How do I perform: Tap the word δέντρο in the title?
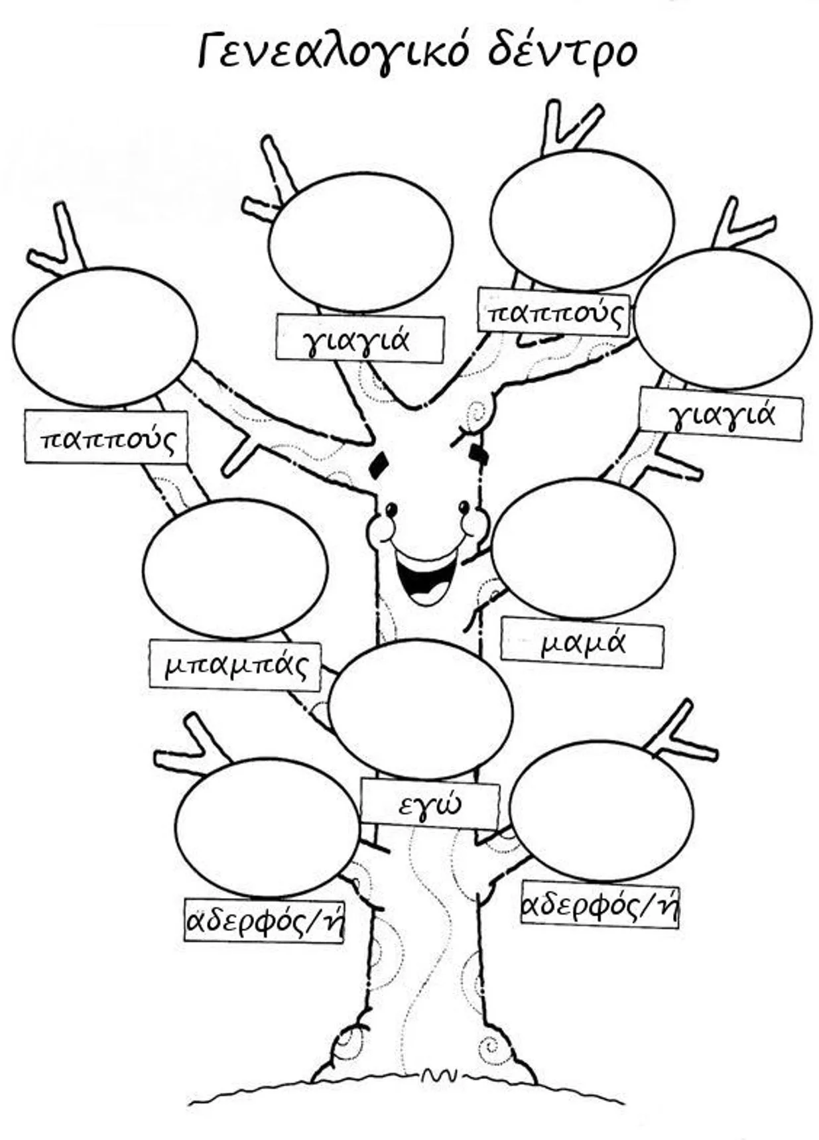point(562,52)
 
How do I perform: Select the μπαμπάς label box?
point(235,665)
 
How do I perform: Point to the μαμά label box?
point(582,643)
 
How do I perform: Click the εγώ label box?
point(430,805)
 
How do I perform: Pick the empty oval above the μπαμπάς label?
point(235,569)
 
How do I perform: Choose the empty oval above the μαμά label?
point(583,548)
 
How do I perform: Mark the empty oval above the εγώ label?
point(420,709)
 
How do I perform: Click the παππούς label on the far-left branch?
point(106,437)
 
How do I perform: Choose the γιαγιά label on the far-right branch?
point(721,414)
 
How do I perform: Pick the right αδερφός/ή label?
point(600,905)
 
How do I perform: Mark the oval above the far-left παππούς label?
point(105,337)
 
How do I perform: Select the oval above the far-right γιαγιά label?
point(722,319)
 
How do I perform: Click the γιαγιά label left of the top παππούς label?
point(359,339)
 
